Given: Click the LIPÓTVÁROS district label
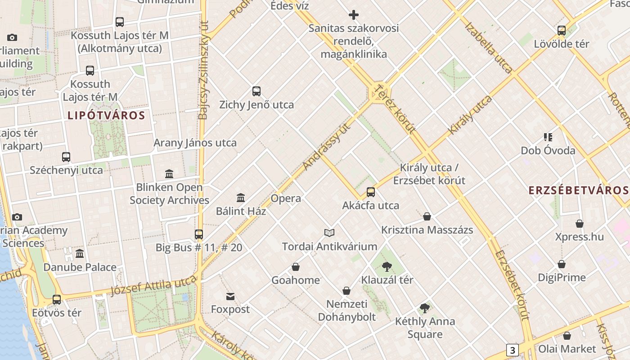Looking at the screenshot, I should point(106,115).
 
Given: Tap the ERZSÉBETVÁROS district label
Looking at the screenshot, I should point(578,190).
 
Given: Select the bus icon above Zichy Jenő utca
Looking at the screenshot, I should point(256,91).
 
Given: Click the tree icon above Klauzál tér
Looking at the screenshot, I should point(387,266).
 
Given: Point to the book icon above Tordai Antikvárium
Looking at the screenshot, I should point(329,233).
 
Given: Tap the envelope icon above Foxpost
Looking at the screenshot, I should point(230,296).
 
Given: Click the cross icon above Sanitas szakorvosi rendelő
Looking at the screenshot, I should point(354,15).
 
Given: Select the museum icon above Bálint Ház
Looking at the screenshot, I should point(241,198).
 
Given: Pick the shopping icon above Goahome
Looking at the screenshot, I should point(296,267).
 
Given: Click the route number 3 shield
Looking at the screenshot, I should point(512,350).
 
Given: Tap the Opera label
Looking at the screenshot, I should point(286,198).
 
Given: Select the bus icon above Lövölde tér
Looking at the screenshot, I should point(562,31).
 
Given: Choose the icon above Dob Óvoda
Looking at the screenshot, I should point(548,137).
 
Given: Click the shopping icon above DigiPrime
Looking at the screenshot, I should point(562,264).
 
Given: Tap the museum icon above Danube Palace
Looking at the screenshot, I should point(80,254).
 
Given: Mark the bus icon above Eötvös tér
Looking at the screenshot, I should point(57,299).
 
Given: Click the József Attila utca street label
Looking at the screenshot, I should point(153,284).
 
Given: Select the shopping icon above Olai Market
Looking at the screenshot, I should point(567,336).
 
